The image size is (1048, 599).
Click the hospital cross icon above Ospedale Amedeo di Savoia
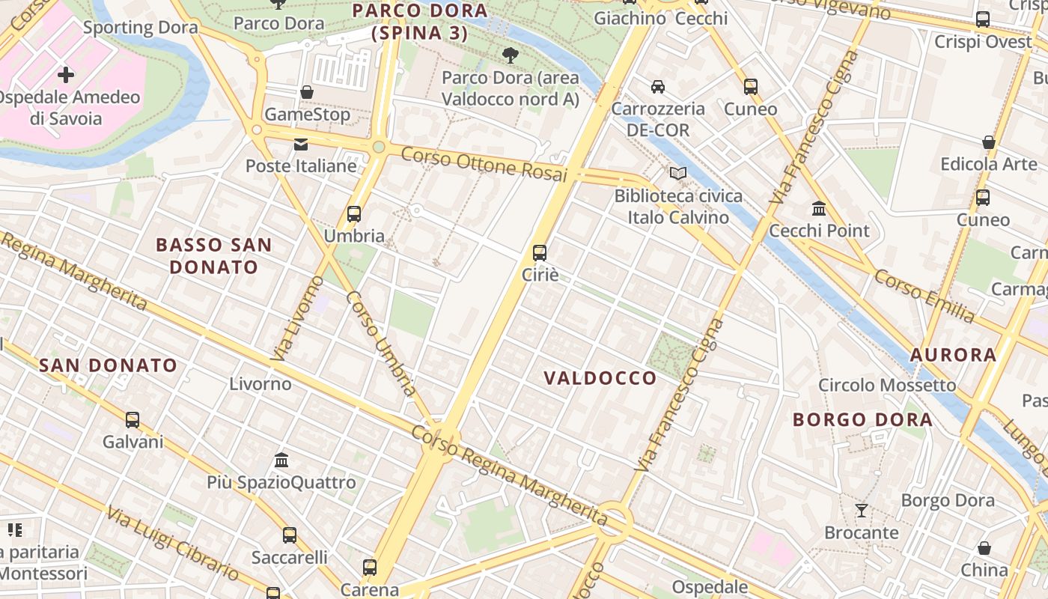coord(66,74)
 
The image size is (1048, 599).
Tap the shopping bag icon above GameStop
coord(306,92)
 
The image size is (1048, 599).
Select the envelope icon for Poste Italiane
coord(301,144)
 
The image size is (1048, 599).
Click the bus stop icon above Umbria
coord(354,214)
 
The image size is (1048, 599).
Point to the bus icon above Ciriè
coord(540,253)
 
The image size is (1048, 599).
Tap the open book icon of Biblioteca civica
coord(678,174)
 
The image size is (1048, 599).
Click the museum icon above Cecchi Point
coord(819,208)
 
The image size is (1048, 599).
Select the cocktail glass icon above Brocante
coord(862,511)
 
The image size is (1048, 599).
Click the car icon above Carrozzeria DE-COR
coord(658,87)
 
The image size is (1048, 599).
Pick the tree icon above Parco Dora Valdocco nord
coord(511,55)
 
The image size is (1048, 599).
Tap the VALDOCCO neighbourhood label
coord(600,378)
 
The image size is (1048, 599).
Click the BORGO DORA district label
coord(862,419)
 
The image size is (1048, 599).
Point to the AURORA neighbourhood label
coord(953,355)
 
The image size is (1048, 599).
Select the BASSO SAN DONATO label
coord(213,255)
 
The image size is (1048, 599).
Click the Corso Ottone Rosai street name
coord(484,163)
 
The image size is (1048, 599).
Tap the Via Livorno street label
coord(297,319)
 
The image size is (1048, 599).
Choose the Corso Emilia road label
coord(924,297)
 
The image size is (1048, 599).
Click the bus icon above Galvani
coord(132,419)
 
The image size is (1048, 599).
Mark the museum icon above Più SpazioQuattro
coord(281,460)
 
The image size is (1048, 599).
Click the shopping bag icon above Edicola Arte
coord(988,142)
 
